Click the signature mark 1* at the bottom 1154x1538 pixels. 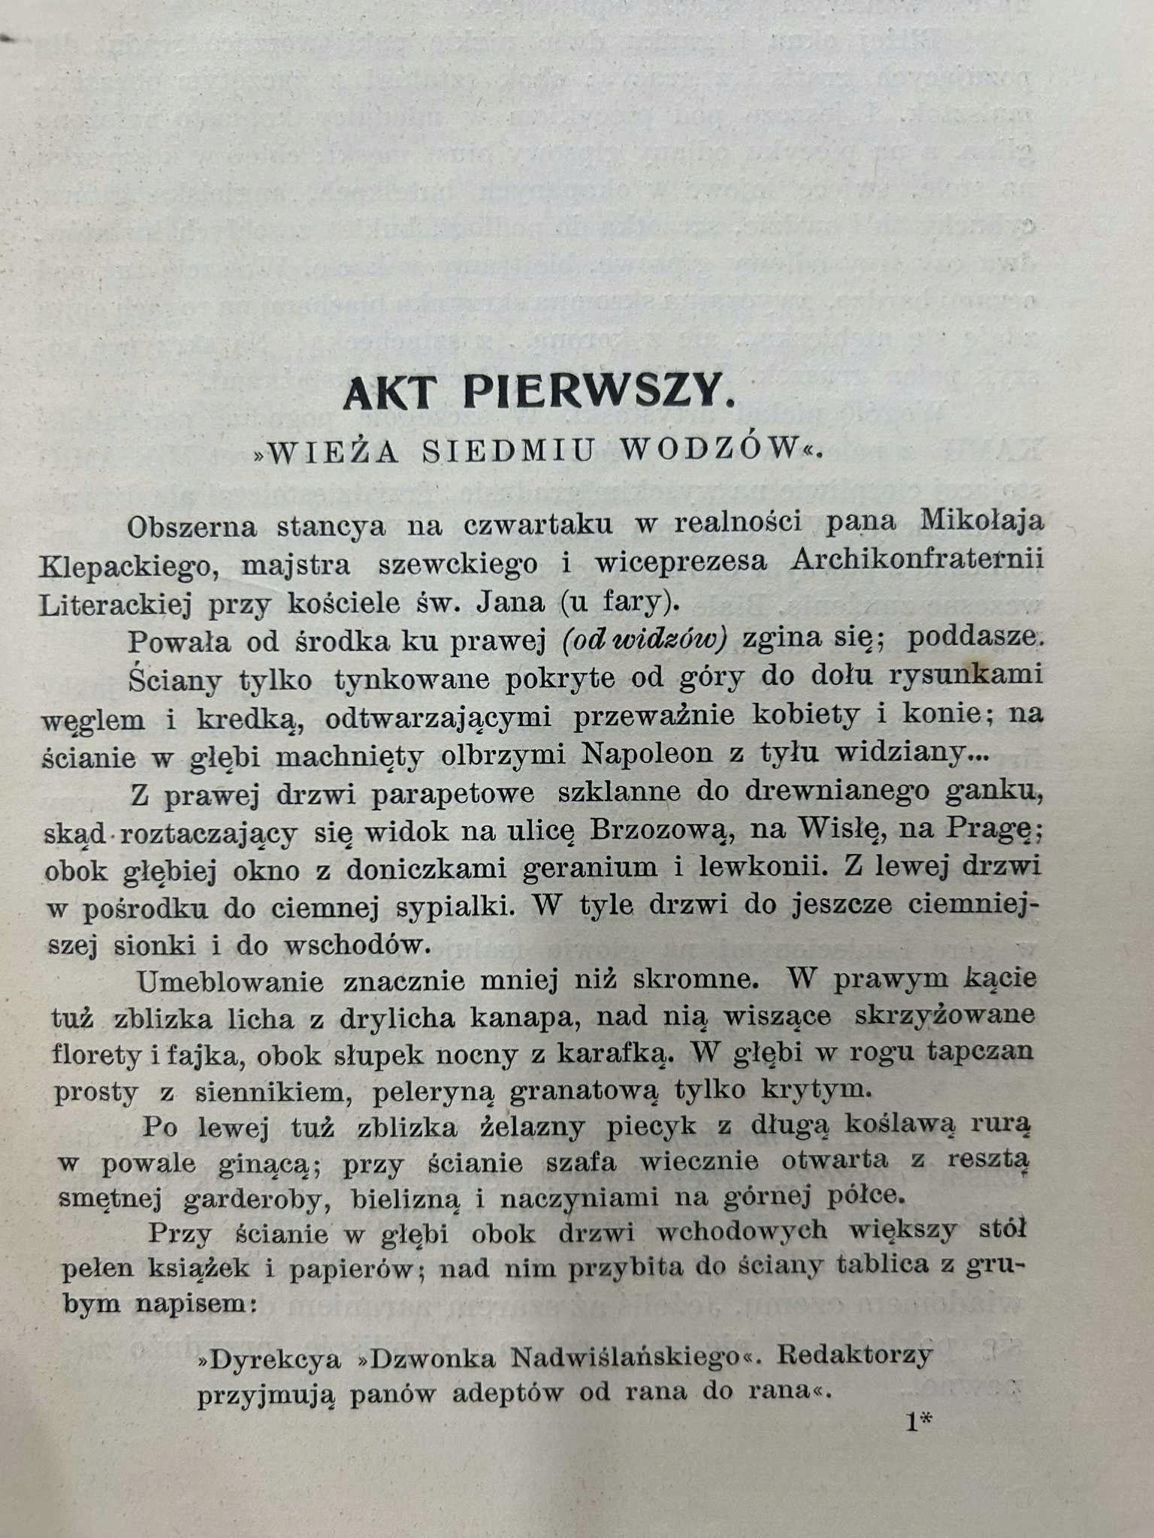point(919,1422)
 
